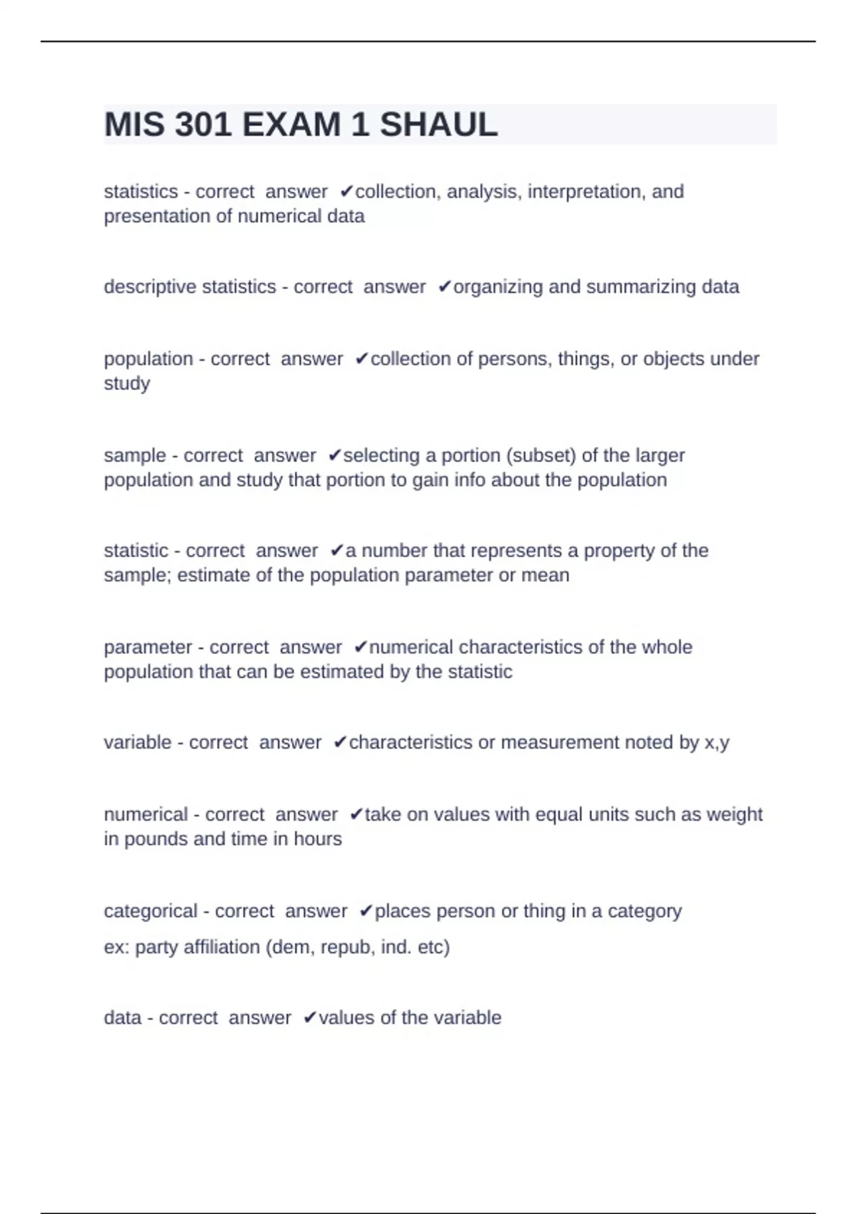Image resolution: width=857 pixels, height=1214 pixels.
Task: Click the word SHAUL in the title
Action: coord(438,125)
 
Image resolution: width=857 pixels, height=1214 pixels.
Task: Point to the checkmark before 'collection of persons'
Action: coord(361,358)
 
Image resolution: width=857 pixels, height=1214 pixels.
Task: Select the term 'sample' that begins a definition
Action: coord(135,455)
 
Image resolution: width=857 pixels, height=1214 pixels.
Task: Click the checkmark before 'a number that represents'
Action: coord(336,551)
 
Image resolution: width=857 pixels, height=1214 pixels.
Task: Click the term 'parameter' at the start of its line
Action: coord(148,647)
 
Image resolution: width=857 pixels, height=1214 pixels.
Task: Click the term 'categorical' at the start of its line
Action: coord(150,911)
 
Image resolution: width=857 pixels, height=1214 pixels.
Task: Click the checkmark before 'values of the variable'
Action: coord(309,1018)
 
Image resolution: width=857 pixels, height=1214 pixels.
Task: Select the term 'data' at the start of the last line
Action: coord(122,1018)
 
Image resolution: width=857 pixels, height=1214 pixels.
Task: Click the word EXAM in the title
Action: coord(291,125)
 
